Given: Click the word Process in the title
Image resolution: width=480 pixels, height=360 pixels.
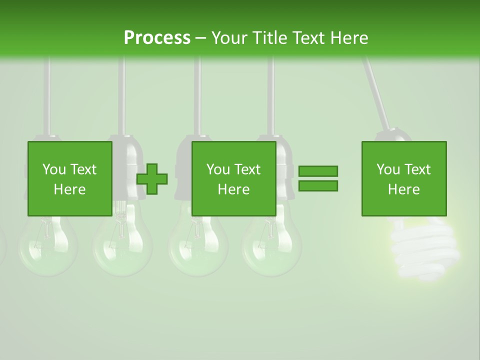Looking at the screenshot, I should click(x=157, y=38).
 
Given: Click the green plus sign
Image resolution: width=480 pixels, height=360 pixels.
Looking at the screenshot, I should click(x=152, y=179).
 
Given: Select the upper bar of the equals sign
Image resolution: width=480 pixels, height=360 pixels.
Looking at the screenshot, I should click(x=318, y=171).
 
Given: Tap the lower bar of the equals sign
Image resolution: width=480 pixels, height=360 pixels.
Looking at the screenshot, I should click(x=318, y=186).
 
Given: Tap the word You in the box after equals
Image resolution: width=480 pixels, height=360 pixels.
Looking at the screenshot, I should click(x=387, y=169).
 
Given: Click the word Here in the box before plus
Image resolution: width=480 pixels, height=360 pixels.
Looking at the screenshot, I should click(x=69, y=189).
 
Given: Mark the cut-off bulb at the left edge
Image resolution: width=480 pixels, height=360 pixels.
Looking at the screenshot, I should click(x=2, y=245).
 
